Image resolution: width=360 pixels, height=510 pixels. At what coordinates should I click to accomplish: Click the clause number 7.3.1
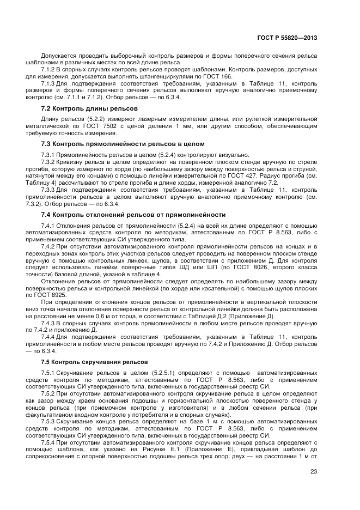[x=48, y=155]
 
